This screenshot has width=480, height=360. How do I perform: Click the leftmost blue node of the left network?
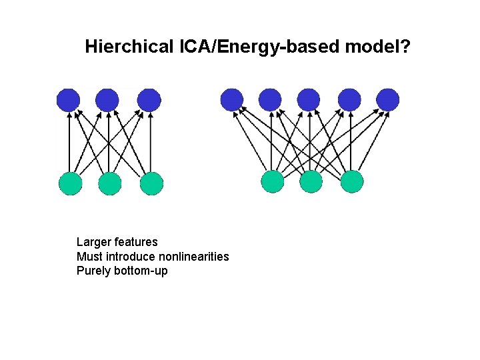68,100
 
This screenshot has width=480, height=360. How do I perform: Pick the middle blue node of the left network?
107,100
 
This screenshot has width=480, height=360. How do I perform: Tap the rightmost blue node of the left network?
149,100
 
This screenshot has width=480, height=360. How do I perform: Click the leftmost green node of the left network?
71,183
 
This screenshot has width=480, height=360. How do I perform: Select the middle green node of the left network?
110,183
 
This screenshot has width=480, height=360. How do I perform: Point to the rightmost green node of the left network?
151,183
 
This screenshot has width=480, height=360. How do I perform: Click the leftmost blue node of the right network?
232,100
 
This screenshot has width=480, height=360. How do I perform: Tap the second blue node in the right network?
270,100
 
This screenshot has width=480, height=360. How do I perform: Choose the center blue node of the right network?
309,100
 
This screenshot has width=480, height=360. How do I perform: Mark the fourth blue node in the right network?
349,100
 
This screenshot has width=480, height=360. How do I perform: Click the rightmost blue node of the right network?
387,100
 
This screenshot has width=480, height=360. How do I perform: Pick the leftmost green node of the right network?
273,181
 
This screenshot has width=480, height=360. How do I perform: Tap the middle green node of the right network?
311,181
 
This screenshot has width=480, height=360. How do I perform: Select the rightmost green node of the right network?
352,181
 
